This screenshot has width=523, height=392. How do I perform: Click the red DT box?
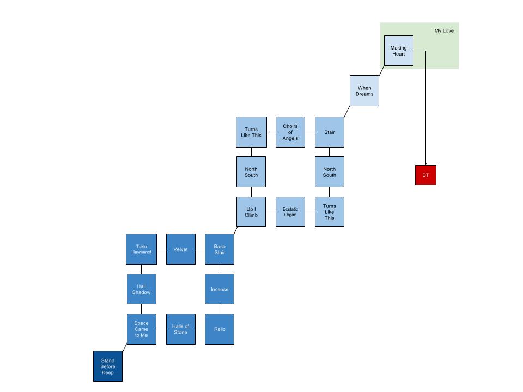(425, 175)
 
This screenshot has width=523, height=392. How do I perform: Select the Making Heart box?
(398, 51)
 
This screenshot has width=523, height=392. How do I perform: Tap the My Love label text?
(443, 30)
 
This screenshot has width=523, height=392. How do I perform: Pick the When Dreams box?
(364, 90)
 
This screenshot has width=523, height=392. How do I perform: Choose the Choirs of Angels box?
(290, 132)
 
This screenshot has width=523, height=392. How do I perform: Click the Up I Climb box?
(251, 212)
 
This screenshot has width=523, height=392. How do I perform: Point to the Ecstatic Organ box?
(290, 212)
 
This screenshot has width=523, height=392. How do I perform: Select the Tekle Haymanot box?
(141, 249)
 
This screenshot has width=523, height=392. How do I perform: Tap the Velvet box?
(180, 249)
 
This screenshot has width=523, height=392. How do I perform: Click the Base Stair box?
(220, 249)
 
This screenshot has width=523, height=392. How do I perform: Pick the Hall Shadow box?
(141, 289)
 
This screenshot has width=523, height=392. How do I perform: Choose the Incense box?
(220, 289)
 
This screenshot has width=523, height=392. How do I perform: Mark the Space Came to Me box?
(141, 329)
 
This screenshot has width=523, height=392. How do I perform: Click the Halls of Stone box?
(180, 329)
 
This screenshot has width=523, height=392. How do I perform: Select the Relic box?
(220, 329)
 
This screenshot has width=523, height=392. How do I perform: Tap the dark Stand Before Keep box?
(107, 366)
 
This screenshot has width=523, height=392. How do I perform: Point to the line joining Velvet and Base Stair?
(200, 249)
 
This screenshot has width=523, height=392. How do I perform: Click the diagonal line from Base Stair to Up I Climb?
(236, 230)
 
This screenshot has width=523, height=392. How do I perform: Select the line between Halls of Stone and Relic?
(200, 329)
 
